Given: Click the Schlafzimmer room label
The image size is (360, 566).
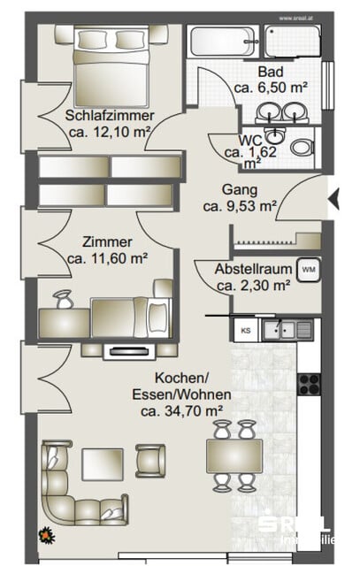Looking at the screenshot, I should point(110,115).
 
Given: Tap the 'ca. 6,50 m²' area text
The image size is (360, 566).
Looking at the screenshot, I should point(270,88).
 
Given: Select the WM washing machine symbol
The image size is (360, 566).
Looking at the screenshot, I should point(308,269).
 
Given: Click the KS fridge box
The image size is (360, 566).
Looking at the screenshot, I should point(245,331).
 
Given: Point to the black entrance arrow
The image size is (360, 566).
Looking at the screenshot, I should point(333,201).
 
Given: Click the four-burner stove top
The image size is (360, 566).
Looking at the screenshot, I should point(310,383).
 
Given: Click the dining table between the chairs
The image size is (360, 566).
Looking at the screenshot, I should point(234,455).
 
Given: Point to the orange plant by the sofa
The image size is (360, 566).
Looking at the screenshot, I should point(45,533).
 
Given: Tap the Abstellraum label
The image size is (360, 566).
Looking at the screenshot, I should point(254,269).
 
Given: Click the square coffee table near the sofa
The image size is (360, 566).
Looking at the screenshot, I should point(103,463).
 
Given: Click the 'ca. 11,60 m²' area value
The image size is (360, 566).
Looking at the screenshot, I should point(107,258).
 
